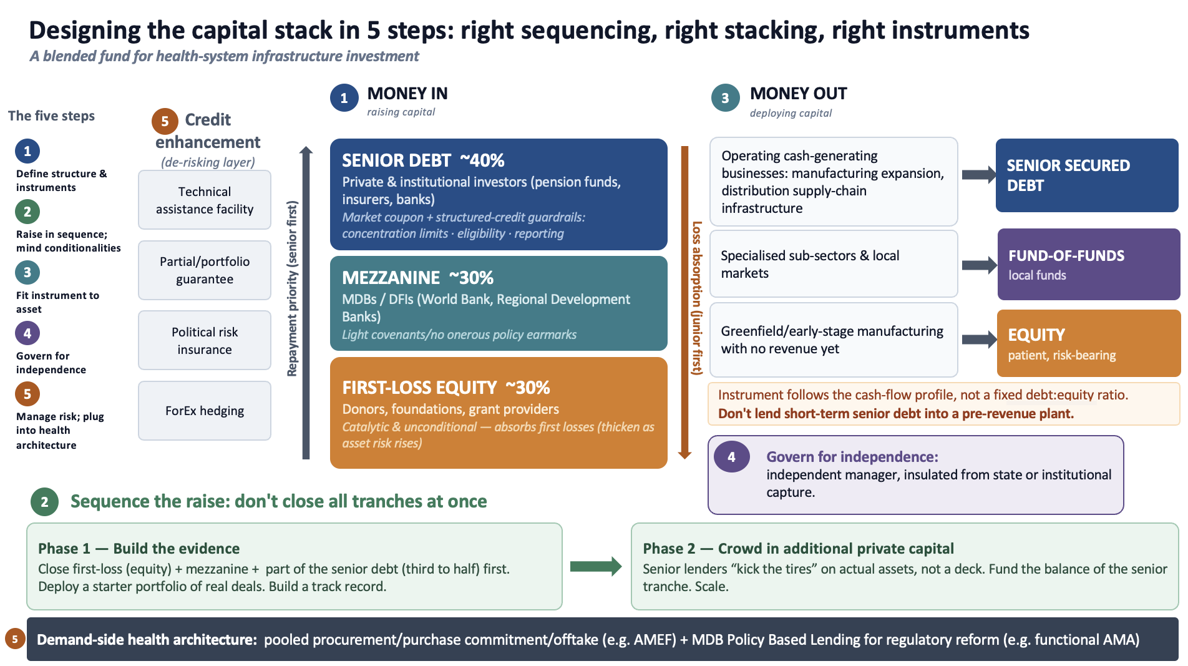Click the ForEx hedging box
[x=205, y=411]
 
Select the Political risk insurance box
[x=205, y=340]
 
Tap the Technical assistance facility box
[x=205, y=200]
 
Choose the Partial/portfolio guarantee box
[x=205, y=270]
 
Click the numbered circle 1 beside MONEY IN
[x=344, y=98]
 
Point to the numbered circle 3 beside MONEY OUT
[x=725, y=98]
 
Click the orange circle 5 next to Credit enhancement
[x=165, y=121]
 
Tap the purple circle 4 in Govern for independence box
[x=731, y=457]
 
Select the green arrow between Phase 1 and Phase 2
[x=596, y=566]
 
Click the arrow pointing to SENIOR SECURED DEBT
[x=979, y=175]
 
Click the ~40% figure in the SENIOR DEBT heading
[x=482, y=160]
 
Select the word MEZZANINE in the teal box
[x=391, y=277]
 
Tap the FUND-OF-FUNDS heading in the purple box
[x=1066, y=256]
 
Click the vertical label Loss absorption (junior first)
[x=697, y=298]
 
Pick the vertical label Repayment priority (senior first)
[x=292, y=288]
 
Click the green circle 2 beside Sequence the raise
[x=44, y=502]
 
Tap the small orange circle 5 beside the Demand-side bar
[x=15, y=639]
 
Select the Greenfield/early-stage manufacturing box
[x=834, y=340]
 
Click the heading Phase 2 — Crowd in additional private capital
[x=798, y=549]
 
